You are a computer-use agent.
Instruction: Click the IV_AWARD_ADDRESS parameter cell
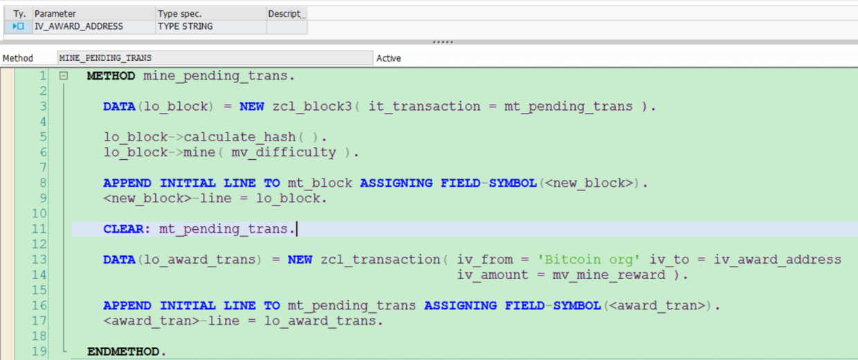coord(78,26)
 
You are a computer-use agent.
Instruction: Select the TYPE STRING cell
coord(185,26)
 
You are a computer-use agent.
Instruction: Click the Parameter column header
coord(55,14)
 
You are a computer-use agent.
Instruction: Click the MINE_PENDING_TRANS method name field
coord(105,58)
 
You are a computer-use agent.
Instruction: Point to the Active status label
coord(388,58)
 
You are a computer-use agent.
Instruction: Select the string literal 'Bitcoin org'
coord(590,260)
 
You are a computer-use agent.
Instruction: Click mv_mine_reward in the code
coord(608,275)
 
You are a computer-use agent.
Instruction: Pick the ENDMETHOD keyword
coord(125,352)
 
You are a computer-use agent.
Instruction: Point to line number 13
coord(39,260)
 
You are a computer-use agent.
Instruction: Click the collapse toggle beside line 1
coord(64,76)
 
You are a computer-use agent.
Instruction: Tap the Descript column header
coord(285,14)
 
